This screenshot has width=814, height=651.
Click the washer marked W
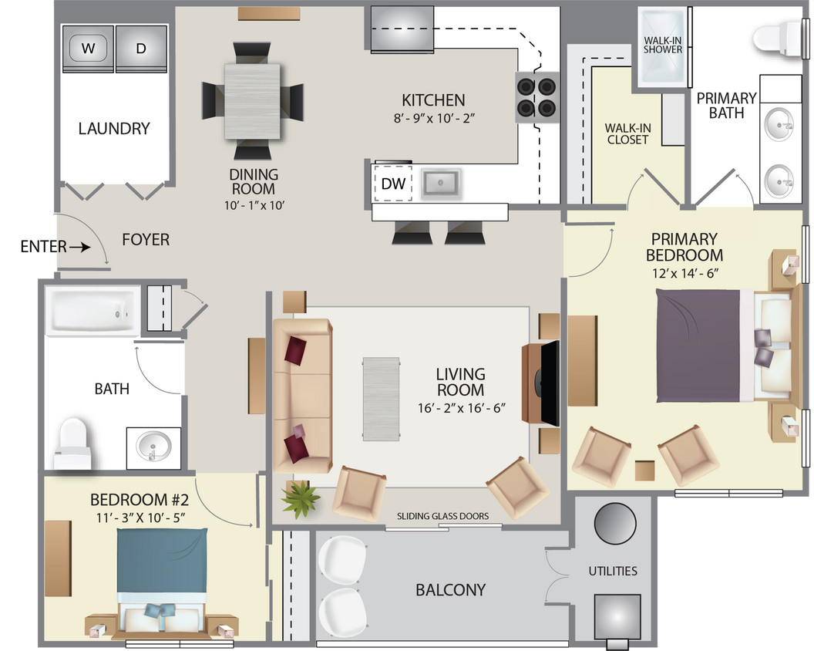88,49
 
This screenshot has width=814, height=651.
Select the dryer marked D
141,49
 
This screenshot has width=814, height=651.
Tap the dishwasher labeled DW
392,184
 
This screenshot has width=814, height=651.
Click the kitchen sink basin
439,184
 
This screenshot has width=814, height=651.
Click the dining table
252,101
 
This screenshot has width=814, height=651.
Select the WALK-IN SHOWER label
663,44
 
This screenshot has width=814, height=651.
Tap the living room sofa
301,394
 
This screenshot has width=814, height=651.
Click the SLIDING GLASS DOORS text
442,516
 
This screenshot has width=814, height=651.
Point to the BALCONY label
450,590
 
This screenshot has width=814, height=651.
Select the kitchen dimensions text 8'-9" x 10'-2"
433,119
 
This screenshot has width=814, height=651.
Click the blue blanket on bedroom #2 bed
163,559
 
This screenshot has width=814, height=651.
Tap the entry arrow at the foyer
78,248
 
